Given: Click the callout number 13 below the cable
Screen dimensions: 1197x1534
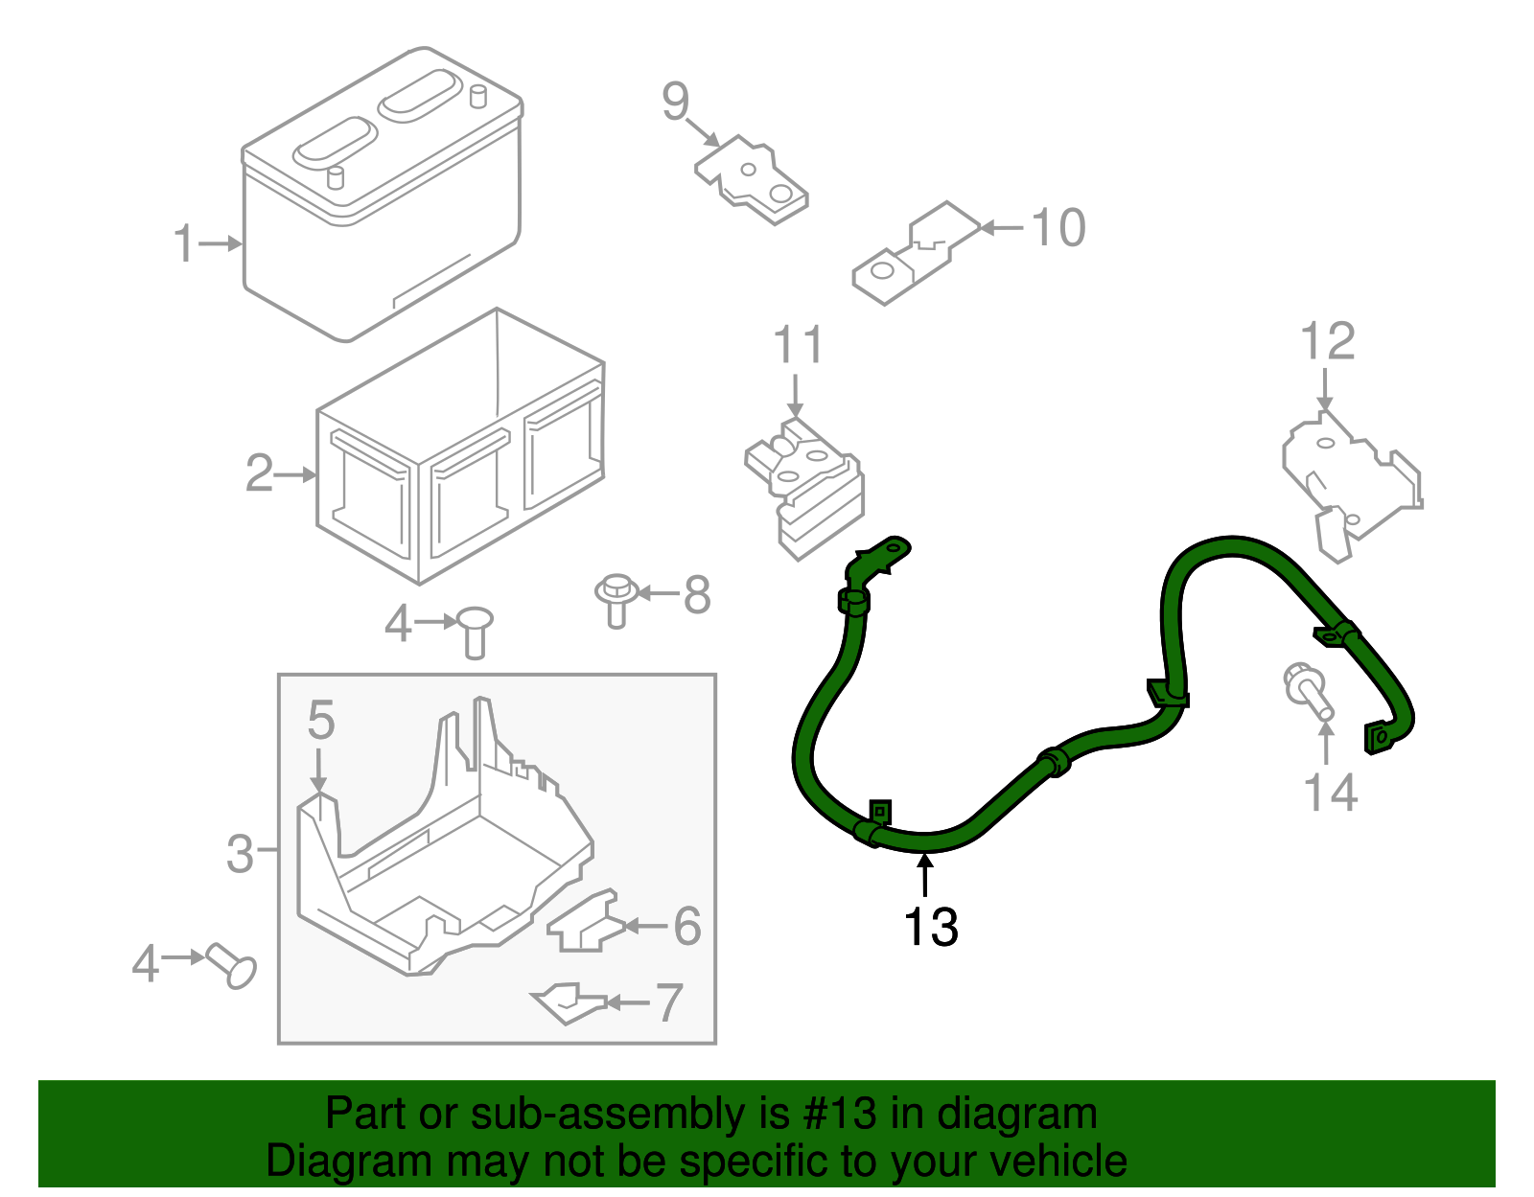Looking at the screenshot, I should [x=930, y=927].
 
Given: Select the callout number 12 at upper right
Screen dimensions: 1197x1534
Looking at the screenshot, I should [x=1327, y=342].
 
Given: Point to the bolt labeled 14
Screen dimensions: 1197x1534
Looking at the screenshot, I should [x=1308, y=693].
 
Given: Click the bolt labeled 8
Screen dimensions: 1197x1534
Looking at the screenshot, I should [x=616, y=599].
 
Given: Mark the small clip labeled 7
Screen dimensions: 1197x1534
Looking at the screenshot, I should [x=569, y=1002].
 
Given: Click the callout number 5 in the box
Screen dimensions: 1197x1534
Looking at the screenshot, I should [x=320, y=720].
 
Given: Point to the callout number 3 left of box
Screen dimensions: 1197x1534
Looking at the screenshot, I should [x=240, y=852].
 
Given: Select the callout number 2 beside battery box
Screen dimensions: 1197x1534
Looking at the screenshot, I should [x=260, y=473].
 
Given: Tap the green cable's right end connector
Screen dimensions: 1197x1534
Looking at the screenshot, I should [x=1379, y=736].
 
